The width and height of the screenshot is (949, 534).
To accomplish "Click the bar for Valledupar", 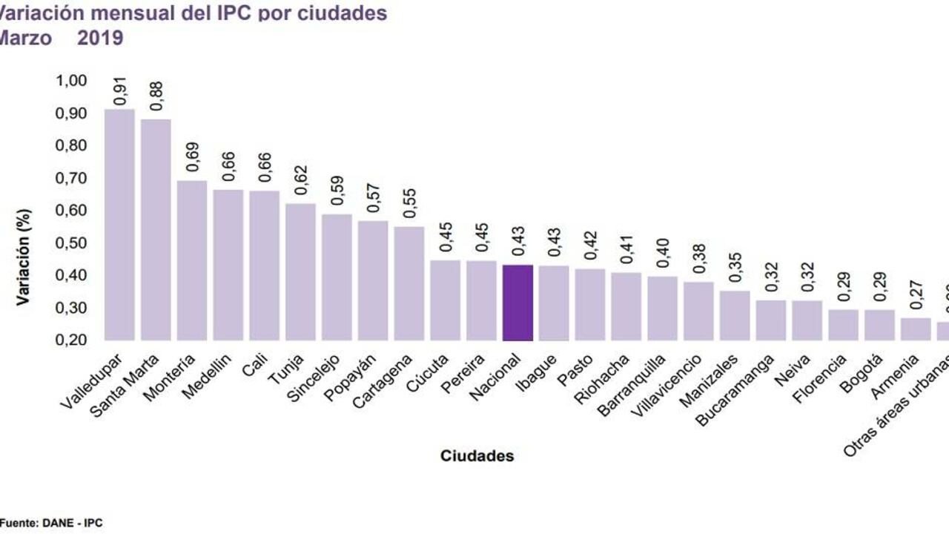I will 119,225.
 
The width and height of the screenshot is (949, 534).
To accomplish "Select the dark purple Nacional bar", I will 518,303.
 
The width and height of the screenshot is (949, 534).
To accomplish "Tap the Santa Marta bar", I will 156,230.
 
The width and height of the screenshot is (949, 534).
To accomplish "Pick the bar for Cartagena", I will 409,283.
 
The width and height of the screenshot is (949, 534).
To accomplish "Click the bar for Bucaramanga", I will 771,320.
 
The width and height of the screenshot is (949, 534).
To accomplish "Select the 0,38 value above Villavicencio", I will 698,260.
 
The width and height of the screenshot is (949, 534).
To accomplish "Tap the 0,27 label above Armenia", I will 916,295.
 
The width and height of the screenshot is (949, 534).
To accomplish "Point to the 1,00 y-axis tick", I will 71,81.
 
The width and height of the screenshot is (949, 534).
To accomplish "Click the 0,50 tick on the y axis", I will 71,243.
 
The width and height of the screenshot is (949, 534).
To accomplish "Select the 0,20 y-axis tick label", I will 71,340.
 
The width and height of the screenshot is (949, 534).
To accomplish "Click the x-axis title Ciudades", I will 477,455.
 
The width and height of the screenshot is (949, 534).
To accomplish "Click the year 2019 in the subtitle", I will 100,38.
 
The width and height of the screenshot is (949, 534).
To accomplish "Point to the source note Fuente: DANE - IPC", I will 50,523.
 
